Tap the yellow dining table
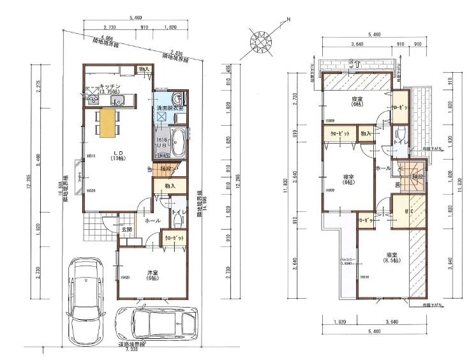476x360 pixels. [108, 121]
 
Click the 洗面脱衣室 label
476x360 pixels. [170, 109]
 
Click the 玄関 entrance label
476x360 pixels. [127, 229]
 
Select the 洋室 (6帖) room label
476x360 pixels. [152, 275]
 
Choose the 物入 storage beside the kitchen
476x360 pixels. [144, 69]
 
